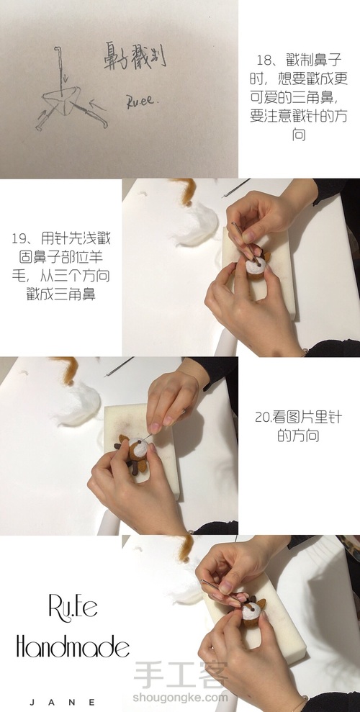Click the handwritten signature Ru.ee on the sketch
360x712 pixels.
click(142, 102)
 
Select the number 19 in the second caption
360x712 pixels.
click(20, 238)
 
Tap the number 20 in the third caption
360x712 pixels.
click(263, 418)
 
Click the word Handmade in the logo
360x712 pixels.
click(73, 646)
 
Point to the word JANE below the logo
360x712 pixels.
click(62, 702)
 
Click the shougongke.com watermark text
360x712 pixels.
click(180, 697)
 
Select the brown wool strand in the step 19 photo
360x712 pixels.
click(186, 191)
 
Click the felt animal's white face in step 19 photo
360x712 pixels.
click(256, 266)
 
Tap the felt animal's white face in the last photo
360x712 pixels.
click(251, 610)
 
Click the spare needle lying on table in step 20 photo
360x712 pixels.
click(119, 367)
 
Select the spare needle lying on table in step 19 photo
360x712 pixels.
click(236, 188)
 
